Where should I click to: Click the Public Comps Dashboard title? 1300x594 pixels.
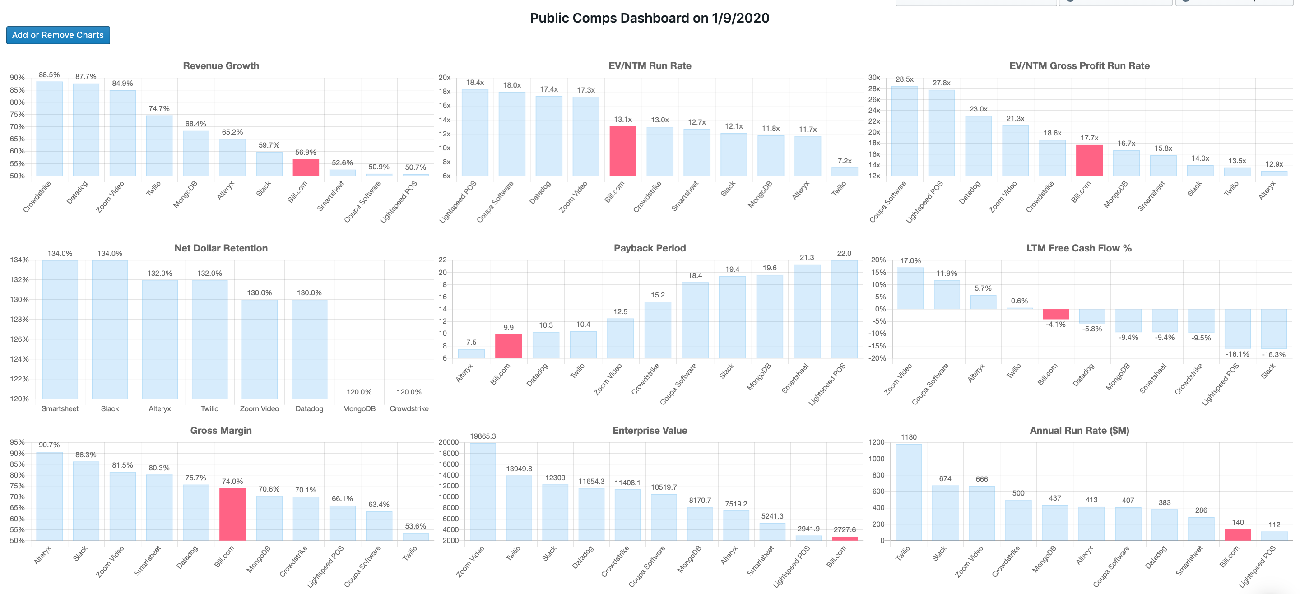(x=649, y=18)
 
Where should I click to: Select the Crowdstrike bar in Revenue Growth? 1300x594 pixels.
(x=50, y=129)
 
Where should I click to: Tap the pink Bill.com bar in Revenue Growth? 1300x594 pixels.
(x=306, y=167)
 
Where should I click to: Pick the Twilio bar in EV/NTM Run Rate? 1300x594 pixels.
(x=844, y=172)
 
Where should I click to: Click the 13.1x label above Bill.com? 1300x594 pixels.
(x=623, y=120)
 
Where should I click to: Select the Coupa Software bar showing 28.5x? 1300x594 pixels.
(x=904, y=131)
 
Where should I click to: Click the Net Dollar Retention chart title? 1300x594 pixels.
(x=221, y=248)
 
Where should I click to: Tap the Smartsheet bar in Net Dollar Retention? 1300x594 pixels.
(x=60, y=329)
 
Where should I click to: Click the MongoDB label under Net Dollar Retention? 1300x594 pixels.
(x=359, y=408)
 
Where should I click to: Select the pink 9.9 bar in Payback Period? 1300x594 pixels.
(x=508, y=346)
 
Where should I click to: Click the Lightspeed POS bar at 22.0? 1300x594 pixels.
(x=844, y=309)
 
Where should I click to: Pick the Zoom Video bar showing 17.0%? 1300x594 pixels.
(x=910, y=288)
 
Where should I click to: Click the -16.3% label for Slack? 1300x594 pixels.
(x=1273, y=354)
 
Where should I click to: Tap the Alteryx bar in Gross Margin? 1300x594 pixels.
(x=50, y=496)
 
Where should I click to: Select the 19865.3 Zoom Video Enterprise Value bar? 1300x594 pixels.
(x=483, y=492)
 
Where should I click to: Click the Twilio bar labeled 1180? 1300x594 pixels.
(x=908, y=492)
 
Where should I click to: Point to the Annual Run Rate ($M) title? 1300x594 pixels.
(x=1079, y=431)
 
